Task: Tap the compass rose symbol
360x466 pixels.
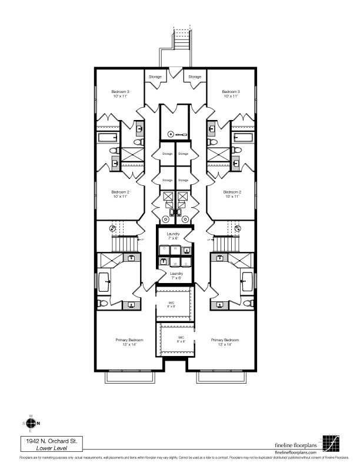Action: point(31,423)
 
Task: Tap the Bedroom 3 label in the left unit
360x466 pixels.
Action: point(121,92)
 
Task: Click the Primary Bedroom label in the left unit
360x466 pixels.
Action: point(129,340)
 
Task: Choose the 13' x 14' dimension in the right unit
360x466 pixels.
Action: point(225,345)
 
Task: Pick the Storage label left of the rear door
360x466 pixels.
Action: point(154,77)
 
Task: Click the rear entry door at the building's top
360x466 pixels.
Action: point(174,72)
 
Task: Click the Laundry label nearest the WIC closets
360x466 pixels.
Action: point(176,274)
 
